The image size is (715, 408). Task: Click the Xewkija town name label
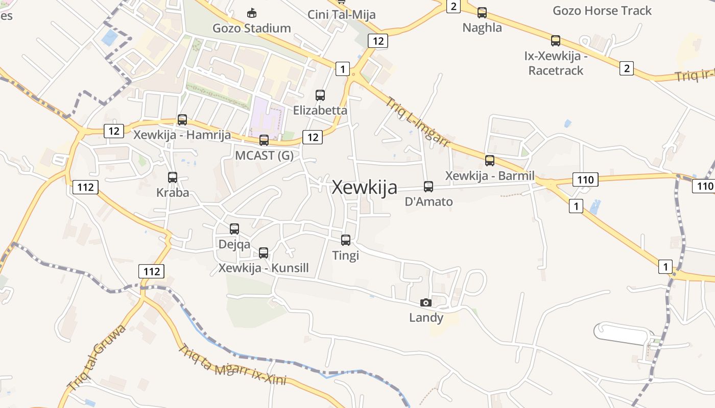click(364, 188)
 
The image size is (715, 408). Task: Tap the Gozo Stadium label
click(252, 28)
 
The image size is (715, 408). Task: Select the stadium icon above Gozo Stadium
click(251, 13)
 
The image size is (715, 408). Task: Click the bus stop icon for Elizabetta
click(320, 95)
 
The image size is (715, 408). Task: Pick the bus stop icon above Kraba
click(173, 177)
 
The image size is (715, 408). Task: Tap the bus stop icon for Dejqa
click(234, 229)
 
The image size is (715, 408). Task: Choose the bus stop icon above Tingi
click(346, 240)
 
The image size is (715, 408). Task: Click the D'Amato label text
click(428, 201)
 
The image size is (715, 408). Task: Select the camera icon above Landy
click(426, 302)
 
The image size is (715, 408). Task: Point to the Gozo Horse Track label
click(602, 11)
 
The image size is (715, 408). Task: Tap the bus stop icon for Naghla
click(482, 13)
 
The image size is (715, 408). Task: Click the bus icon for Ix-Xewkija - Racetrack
click(556, 41)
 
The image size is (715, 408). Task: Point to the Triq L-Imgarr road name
click(417, 122)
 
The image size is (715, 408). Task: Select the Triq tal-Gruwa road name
click(97, 357)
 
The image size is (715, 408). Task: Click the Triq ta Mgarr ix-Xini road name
click(232, 365)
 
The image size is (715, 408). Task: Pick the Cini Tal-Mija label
click(341, 14)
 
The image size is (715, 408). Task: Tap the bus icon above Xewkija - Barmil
click(490, 161)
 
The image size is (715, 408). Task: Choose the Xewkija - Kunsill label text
click(264, 268)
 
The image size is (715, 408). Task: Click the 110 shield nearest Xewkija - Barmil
click(585, 180)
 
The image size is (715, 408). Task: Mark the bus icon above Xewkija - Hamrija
click(182, 120)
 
